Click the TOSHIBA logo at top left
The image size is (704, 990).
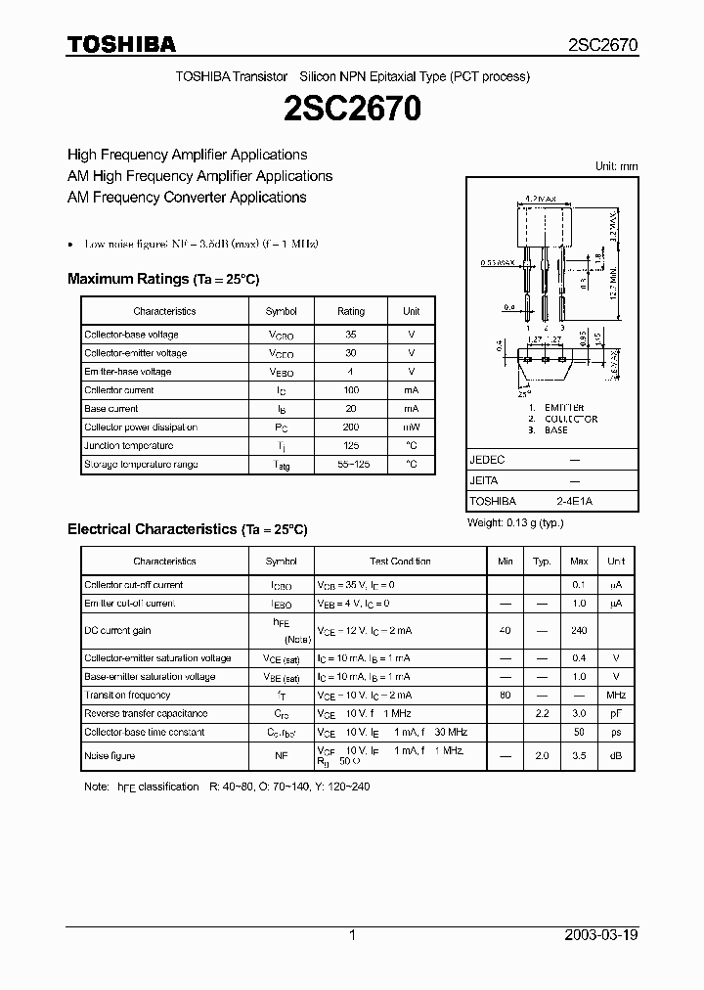(x=121, y=44)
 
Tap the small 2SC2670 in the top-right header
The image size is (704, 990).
(x=603, y=45)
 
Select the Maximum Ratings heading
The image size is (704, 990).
(x=163, y=279)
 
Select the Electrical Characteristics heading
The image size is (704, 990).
(x=187, y=529)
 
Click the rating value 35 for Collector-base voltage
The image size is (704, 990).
(x=351, y=335)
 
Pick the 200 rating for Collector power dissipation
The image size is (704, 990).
(x=351, y=427)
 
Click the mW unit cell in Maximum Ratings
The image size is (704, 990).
(x=412, y=427)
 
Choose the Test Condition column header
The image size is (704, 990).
(x=400, y=562)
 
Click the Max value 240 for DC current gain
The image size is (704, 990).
(x=579, y=631)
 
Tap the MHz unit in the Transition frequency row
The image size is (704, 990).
(x=616, y=696)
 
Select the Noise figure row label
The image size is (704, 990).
(x=110, y=755)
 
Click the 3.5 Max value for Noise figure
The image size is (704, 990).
(x=579, y=755)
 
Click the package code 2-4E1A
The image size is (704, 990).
(x=574, y=500)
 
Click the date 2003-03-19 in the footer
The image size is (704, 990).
(x=601, y=935)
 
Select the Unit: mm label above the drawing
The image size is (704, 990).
(x=616, y=166)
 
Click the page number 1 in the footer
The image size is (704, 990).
(x=352, y=935)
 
